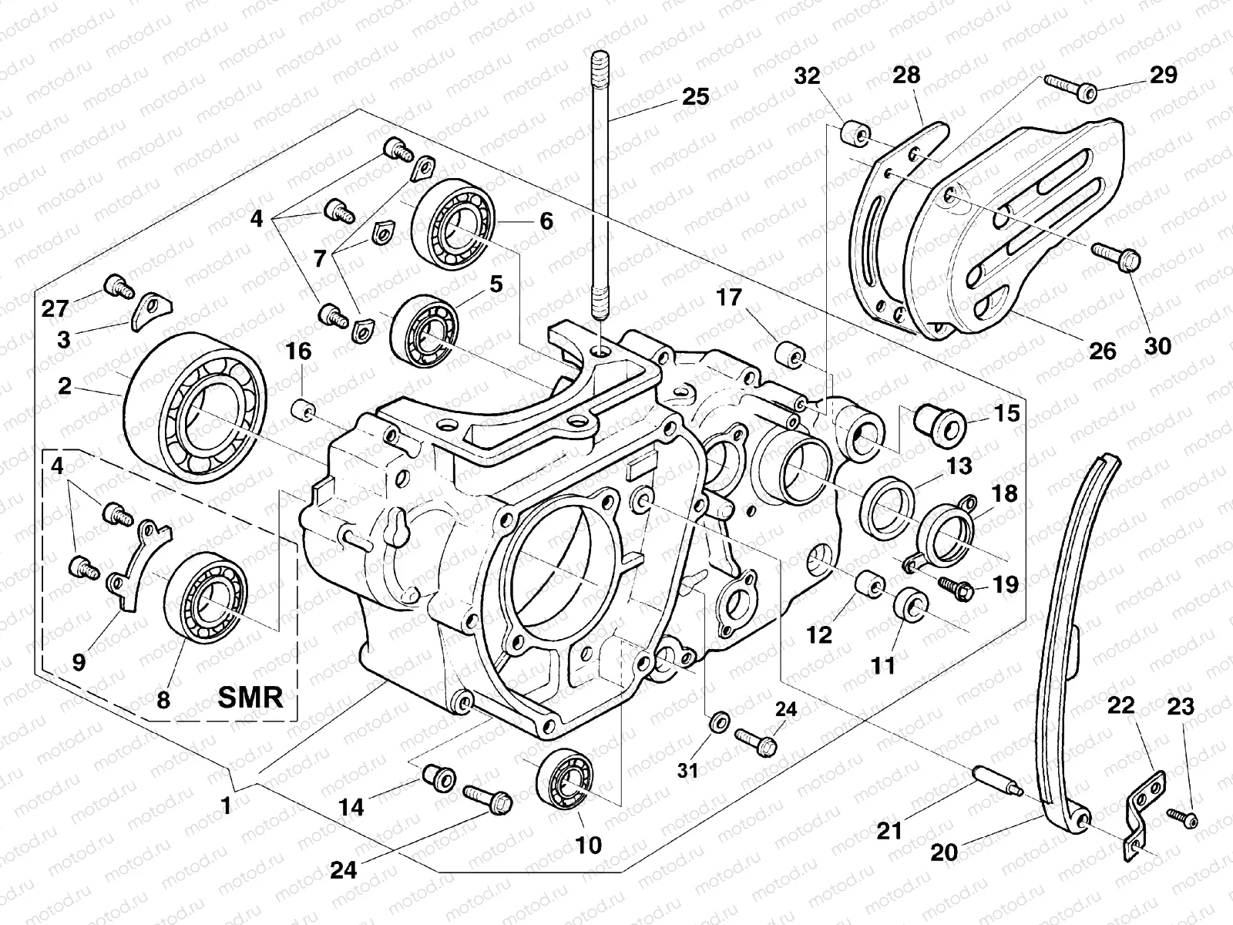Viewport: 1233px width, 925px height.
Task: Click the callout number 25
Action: point(695,98)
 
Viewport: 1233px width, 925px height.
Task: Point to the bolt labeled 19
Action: point(956,588)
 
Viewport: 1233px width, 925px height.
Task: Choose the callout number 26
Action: point(1103,351)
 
